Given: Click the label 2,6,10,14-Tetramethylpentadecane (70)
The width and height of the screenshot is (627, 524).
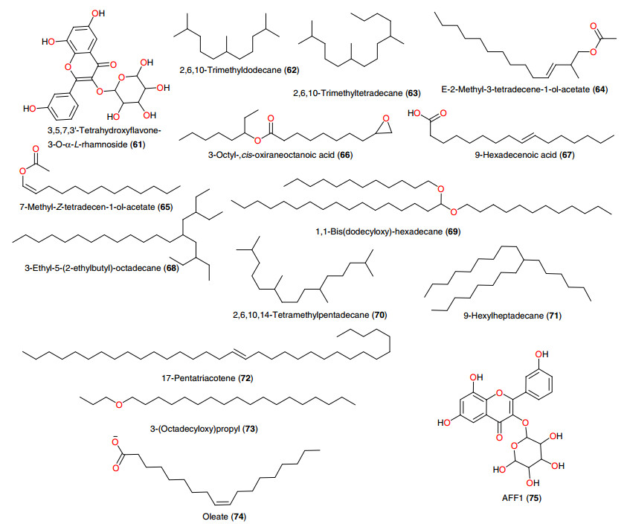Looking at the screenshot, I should [x=309, y=316].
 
